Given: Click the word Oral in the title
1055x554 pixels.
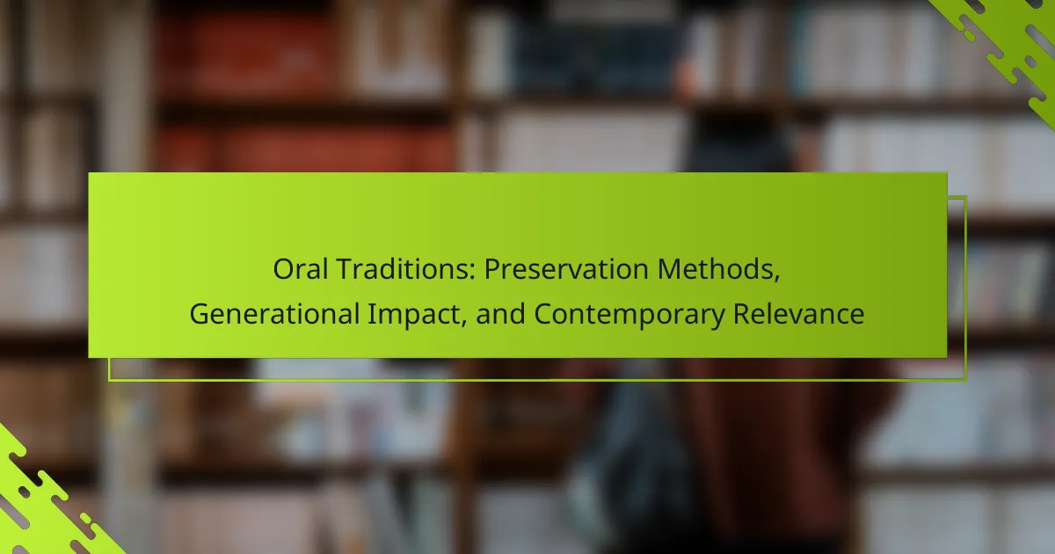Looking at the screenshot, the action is (301, 269).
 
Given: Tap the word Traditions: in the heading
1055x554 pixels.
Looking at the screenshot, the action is (405, 269).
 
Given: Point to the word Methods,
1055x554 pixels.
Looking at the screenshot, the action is (719, 270).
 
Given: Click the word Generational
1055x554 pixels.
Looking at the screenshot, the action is (274, 314).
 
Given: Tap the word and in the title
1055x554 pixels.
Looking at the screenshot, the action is (500, 314).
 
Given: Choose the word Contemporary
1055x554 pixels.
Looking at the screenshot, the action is (629, 316).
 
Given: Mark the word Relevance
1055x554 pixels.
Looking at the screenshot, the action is (799, 314).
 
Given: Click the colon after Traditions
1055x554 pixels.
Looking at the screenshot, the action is (472, 273).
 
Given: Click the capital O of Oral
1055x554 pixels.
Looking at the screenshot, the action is (284, 269).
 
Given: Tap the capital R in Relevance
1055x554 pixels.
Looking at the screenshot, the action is (742, 314).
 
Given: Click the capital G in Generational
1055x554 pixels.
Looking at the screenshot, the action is (200, 314).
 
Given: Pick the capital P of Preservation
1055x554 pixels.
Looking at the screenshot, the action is (492, 269).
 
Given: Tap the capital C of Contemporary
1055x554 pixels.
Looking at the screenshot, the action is (543, 314).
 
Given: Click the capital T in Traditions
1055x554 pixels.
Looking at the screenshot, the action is (345, 269).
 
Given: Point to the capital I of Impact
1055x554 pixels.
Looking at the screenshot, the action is (371, 314).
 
